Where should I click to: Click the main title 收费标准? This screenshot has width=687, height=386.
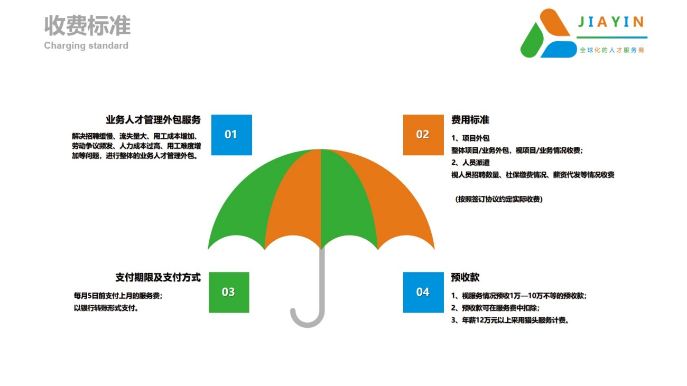[87, 25]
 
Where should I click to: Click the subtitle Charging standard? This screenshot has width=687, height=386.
[86, 45]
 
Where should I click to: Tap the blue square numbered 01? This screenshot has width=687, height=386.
[231, 135]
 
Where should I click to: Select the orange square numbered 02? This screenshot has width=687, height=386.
[423, 135]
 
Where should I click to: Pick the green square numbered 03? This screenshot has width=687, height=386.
[229, 292]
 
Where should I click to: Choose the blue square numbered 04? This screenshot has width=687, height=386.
[423, 292]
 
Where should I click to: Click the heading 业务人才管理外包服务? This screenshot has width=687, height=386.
[153, 120]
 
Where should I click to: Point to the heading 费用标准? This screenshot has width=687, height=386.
[470, 120]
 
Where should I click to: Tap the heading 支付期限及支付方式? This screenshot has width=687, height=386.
[158, 277]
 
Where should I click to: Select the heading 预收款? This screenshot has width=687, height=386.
[465, 277]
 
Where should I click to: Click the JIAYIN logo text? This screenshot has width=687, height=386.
[611, 22]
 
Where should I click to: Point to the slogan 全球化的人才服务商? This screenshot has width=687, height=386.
[612, 50]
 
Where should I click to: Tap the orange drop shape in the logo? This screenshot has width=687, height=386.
[554, 22]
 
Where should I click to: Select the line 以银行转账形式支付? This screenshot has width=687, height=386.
[106, 308]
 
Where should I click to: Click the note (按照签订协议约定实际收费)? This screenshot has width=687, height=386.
[499, 199]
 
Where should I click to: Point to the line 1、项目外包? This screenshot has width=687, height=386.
[470, 138]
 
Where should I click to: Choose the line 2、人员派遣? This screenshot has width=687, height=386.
[470, 162]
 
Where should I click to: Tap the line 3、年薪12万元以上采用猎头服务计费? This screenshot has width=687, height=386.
[510, 320]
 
